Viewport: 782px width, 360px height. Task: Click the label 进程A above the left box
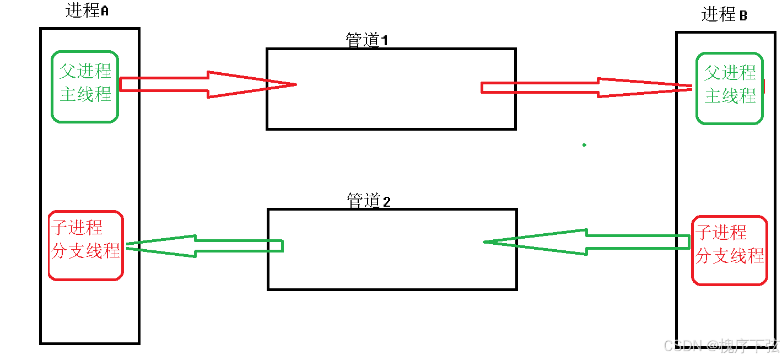87,10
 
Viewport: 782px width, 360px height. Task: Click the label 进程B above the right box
724,14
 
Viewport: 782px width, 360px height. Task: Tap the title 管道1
366,40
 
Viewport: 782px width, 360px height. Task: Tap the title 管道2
368,201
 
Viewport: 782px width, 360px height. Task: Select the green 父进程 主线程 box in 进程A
85,86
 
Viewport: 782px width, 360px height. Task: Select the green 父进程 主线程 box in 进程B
729,88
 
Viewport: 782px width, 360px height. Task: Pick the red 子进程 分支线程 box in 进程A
85,245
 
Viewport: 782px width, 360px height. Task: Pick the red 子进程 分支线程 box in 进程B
729,250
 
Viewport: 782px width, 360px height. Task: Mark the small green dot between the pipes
584,145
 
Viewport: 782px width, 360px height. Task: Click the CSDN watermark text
722,346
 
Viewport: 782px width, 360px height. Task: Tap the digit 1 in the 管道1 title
385,41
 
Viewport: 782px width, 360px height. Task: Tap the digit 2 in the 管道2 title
386,202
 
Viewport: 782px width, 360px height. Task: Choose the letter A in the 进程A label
104,11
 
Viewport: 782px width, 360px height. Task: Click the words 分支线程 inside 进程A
85,251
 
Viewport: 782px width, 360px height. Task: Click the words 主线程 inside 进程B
730,96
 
